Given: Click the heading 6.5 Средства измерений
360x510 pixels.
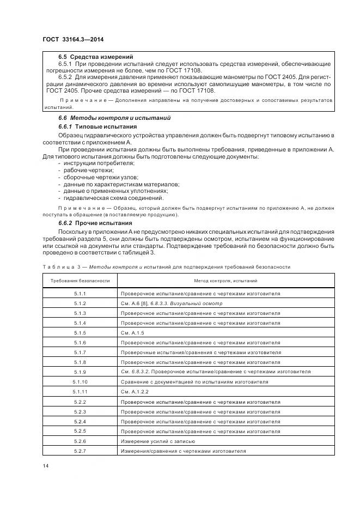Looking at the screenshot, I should (x=96, y=57).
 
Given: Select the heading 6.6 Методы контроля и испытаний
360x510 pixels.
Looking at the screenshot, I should (x=114, y=118).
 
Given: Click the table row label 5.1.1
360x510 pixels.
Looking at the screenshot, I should (x=80, y=294).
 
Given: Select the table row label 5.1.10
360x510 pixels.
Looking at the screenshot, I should (x=80, y=382).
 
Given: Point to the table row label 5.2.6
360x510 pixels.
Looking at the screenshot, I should (x=80, y=441).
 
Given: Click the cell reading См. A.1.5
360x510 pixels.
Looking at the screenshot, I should (x=133, y=332).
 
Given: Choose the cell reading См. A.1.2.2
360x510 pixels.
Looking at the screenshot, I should (x=135, y=392).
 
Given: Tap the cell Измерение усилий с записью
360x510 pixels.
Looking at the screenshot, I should (x=158, y=441).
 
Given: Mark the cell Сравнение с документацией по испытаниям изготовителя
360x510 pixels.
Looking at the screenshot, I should (x=194, y=382).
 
